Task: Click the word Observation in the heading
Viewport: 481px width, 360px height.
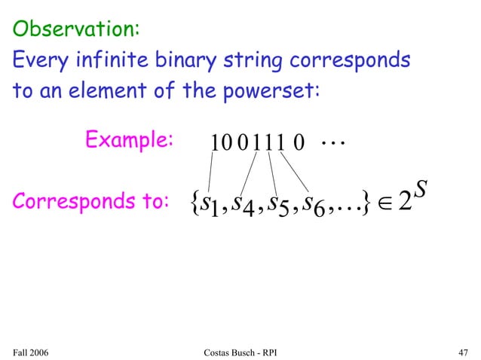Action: [x=72, y=29]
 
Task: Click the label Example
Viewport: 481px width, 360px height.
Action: [x=129, y=140]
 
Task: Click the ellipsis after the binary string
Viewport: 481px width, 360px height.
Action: [x=330, y=140]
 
